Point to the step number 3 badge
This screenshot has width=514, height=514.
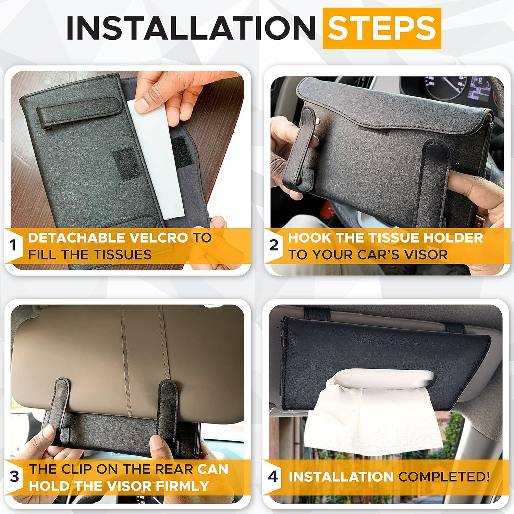14,477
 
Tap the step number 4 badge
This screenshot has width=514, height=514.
273,477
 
